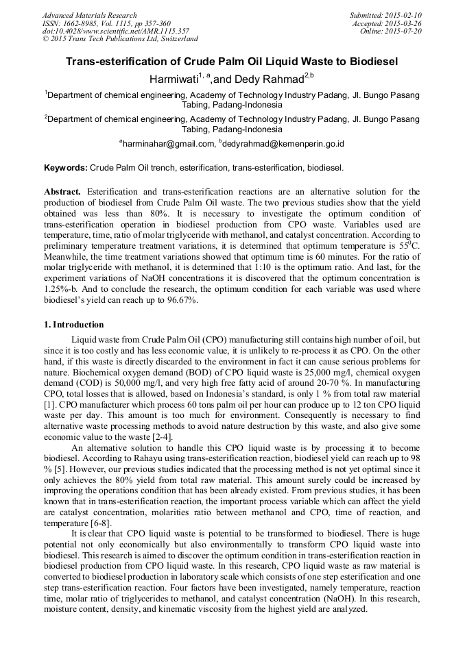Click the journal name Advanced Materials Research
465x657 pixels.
pos(90,14)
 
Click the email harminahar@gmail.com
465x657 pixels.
pos(167,144)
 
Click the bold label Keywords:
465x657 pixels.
pos(65,167)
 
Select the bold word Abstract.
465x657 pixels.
pos(64,191)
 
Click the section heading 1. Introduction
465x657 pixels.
pos(74,325)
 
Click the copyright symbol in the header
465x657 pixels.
pos(46,39)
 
